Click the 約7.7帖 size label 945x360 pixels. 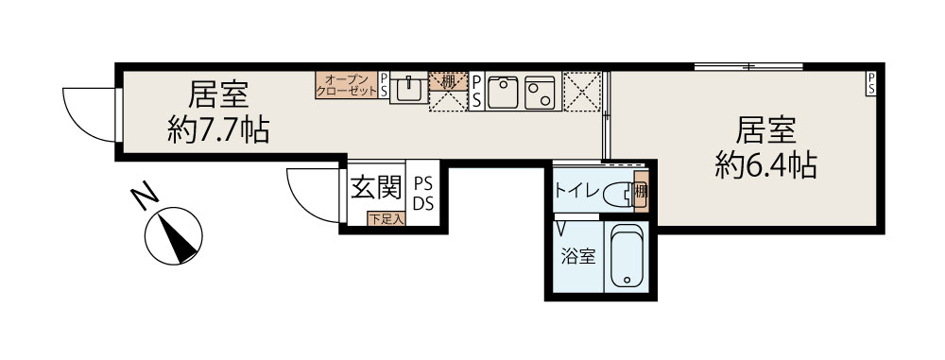(217, 129)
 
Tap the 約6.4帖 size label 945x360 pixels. (766, 164)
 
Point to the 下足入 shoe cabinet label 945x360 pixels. (387, 219)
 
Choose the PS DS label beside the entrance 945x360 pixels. (423, 194)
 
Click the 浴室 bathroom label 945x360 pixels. (578, 257)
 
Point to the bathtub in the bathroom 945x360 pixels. (627, 256)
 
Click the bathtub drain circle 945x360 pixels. (627, 280)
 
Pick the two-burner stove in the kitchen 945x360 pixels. (540, 93)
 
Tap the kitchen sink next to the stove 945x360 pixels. (503, 93)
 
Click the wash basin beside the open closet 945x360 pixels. (408, 88)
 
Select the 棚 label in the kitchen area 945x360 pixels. (448, 81)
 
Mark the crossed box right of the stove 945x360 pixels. (582, 92)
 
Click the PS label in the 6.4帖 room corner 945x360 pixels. (871, 83)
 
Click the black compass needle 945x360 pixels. (178, 238)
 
